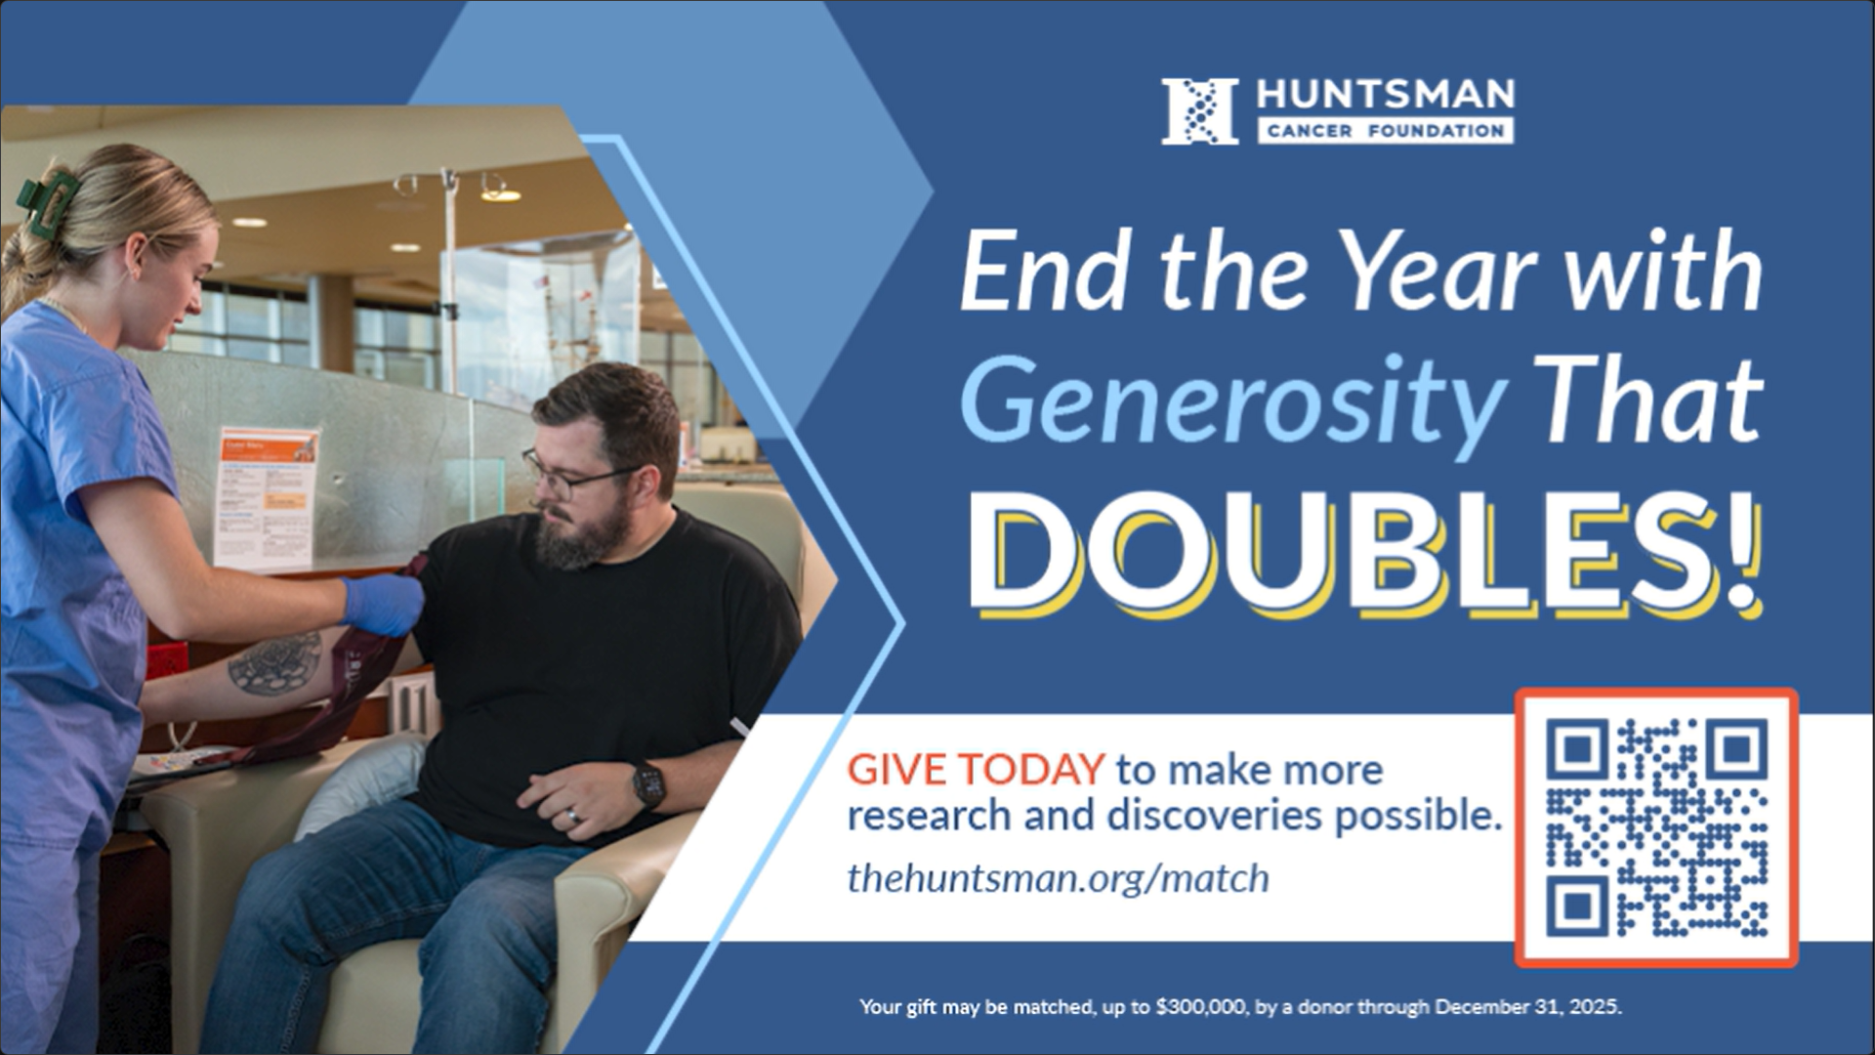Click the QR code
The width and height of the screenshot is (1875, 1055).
1656,827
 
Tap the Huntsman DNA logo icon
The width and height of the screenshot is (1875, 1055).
1200,111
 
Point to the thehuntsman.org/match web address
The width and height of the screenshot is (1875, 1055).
1059,878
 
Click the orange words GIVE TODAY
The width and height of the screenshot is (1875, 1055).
976,770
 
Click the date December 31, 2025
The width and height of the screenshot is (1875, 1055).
1528,1007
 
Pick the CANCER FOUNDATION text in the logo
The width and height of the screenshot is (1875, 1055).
1386,131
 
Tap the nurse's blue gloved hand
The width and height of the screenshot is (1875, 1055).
383,605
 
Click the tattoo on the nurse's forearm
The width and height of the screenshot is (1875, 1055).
274,663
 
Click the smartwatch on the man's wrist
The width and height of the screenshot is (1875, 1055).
647,784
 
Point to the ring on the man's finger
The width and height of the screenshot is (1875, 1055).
573,815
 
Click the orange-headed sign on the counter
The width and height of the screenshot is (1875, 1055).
268,496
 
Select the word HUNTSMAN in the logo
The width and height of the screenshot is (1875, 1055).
1386,95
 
